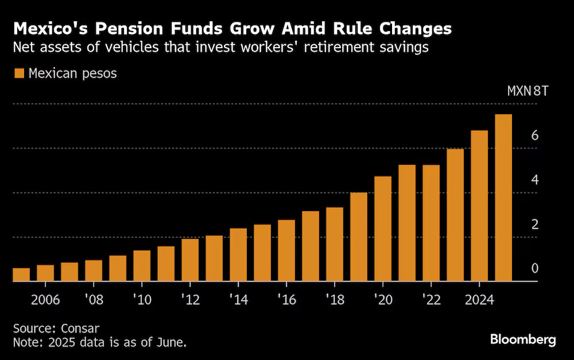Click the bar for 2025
(503, 198)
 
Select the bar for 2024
(479, 206)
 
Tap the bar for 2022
(430, 223)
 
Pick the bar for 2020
(383, 229)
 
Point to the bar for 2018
(335, 245)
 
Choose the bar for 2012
(190, 260)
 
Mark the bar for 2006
(45, 273)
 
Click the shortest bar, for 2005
(21, 275)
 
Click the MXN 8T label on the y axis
(528, 91)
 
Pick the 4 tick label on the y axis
(534, 180)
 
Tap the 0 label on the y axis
(534, 269)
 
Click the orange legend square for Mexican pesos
(19, 73)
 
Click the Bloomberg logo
(523, 340)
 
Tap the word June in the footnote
(170, 343)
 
